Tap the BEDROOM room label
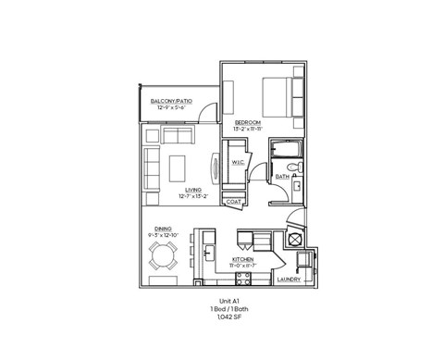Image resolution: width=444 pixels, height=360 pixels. pyautogui.click(x=248, y=121)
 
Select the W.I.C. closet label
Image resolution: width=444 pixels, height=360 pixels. pyautogui.click(x=236, y=163)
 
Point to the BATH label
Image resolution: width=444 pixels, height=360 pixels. pyautogui.click(x=282, y=176)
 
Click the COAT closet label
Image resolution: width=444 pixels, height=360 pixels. pyautogui.click(x=234, y=201)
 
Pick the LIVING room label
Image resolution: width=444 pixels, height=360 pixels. pyautogui.click(x=193, y=190)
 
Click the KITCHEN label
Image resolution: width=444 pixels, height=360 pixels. pyautogui.click(x=242, y=260)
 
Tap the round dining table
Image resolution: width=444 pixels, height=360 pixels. pyautogui.click(x=165, y=258)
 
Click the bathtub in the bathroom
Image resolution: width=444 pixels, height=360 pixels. pyautogui.click(x=281, y=150)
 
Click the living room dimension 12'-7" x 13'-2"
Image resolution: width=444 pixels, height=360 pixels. pyautogui.click(x=193, y=196)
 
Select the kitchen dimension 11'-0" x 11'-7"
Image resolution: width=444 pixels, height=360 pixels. pyautogui.click(x=242, y=267)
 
